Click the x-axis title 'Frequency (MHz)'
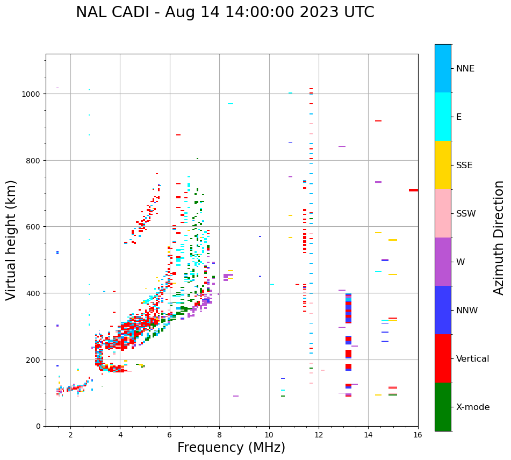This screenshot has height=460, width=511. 231,448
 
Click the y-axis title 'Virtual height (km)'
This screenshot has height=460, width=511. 11,240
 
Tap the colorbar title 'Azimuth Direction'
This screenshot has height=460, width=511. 499,238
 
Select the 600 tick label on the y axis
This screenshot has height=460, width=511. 34,227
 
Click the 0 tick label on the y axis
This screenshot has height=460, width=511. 38,426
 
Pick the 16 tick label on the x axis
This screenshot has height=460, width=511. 418,435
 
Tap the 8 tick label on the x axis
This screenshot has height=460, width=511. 219,435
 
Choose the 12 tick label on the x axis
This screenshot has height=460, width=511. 319,435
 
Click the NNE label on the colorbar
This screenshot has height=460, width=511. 465,68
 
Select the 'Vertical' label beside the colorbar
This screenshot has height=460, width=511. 472,358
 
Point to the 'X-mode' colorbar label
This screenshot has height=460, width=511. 473,407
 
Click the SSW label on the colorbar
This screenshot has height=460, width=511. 466,213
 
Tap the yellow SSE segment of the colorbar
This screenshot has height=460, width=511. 443,165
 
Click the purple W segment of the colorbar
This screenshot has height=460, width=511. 443,262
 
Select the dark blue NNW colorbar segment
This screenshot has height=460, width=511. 443,310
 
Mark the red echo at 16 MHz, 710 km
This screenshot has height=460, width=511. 413,190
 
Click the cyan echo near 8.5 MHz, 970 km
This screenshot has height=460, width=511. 231,104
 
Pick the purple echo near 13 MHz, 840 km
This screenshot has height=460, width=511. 342,147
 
